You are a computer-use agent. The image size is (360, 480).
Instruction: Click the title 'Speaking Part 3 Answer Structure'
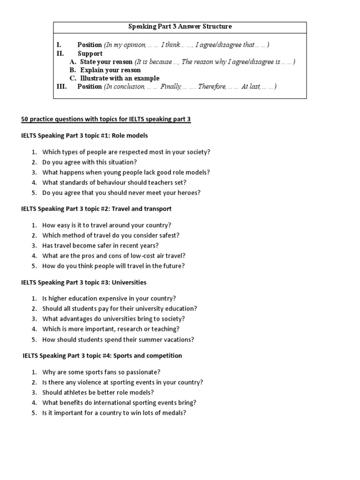(180, 27)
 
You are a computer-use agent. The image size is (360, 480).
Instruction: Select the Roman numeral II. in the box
(60, 53)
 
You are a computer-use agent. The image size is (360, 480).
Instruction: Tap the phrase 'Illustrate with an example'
(120, 78)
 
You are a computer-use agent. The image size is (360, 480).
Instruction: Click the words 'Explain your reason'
(110, 70)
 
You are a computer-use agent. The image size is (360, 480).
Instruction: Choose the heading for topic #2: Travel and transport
(97, 209)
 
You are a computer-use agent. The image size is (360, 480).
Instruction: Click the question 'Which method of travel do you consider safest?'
(111, 235)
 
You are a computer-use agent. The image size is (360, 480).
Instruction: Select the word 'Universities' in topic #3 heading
(129, 283)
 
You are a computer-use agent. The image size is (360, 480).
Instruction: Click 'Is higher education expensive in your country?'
(109, 298)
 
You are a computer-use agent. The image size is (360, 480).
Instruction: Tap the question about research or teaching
(111, 329)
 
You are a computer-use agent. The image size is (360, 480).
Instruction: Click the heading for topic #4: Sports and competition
(102, 356)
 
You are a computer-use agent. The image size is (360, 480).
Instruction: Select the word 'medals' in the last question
(176, 413)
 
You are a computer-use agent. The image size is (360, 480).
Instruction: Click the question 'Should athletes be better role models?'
(98, 392)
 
